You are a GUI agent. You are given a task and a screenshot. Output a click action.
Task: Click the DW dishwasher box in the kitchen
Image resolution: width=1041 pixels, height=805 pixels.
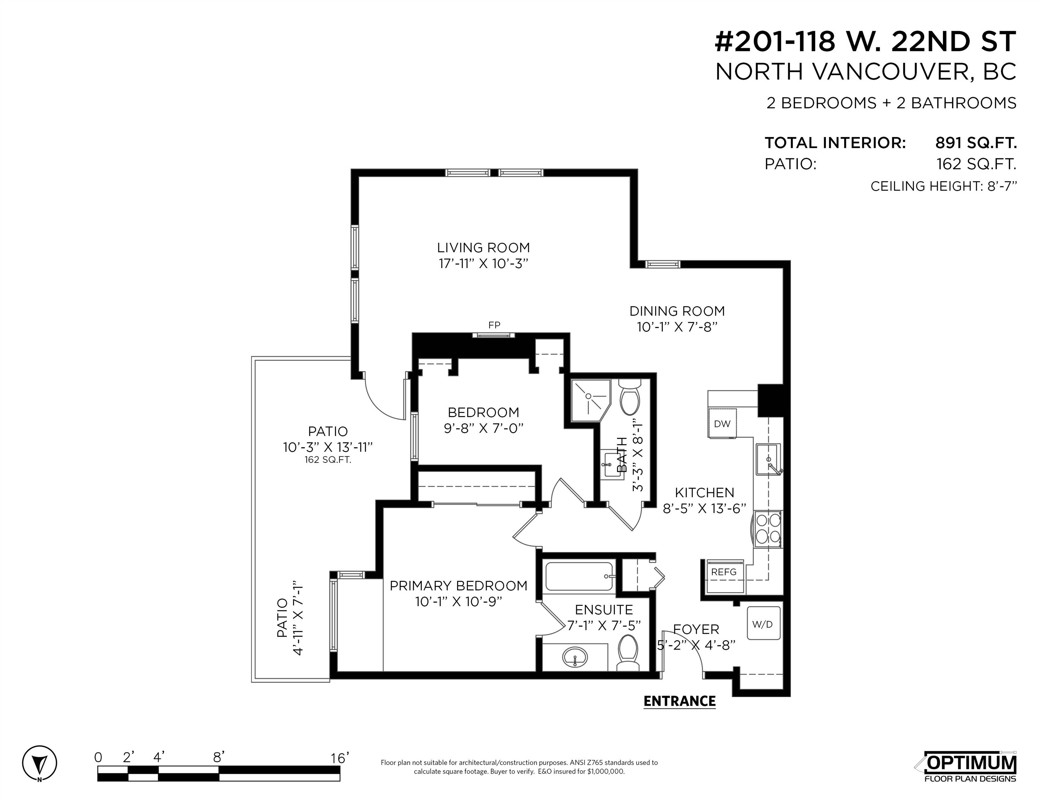click(x=722, y=423)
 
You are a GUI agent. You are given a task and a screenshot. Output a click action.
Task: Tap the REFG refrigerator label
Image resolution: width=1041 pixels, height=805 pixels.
click(x=724, y=572)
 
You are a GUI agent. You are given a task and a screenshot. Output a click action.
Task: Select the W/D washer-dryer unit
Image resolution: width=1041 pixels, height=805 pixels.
click(x=763, y=623)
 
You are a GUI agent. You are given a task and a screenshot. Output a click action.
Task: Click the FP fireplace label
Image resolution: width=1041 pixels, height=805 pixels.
click(x=494, y=325)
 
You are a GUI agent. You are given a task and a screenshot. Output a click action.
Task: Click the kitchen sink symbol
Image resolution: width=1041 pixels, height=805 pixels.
click(x=768, y=459)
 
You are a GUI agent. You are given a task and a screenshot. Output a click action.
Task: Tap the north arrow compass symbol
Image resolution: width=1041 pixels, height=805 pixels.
click(x=39, y=763)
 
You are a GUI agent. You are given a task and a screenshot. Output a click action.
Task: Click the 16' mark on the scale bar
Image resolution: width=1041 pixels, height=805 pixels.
click(x=340, y=758)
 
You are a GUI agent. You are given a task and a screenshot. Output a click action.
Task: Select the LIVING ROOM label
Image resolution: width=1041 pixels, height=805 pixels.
click(x=483, y=247)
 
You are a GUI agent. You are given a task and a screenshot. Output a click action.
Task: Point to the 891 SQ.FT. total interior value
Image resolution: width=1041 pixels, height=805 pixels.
click(x=976, y=143)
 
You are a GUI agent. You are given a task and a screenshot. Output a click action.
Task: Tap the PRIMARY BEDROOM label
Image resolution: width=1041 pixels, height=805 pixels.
click(x=459, y=586)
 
